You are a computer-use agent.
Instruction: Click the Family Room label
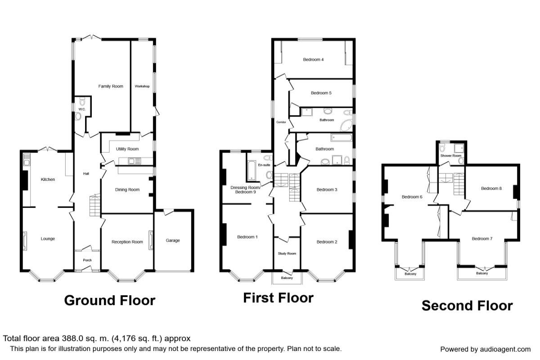tap(111, 86)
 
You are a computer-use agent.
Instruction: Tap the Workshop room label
tap(142, 86)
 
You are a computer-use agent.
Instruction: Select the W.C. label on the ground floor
tap(81, 108)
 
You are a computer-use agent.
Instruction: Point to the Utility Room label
tap(127, 149)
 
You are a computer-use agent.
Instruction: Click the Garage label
tap(173, 240)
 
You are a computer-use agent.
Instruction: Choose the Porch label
tap(87, 260)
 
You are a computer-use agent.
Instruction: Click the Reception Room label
tap(127, 242)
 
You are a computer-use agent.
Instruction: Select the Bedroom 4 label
tap(313, 59)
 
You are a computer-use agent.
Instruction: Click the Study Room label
tap(287, 254)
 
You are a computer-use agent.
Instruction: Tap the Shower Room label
tap(452, 156)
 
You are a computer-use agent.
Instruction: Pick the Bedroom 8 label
tap(491, 189)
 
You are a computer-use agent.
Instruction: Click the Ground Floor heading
tap(109, 300)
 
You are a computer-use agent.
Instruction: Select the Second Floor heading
tap(467, 306)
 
